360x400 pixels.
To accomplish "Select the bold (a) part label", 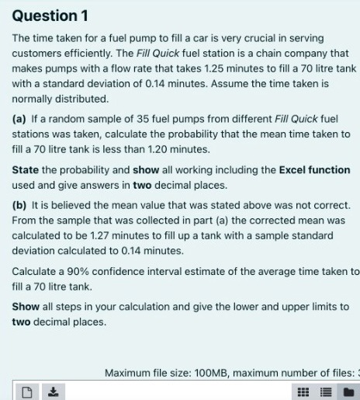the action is point(19,120).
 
